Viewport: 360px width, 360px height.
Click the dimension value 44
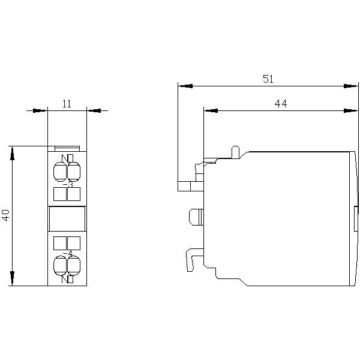click(280, 103)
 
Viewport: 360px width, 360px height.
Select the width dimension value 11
click(67, 104)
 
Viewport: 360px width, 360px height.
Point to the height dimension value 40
click(6, 215)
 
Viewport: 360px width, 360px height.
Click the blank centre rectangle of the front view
click(67, 219)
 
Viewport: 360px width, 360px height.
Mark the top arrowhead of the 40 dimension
click(12, 151)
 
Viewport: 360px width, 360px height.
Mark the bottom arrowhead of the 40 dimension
click(12, 280)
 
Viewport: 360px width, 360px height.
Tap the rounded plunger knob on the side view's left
click(196, 215)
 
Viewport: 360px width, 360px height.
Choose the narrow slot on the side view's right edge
click(356, 219)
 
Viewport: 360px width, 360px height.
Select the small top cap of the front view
click(67, 148)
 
